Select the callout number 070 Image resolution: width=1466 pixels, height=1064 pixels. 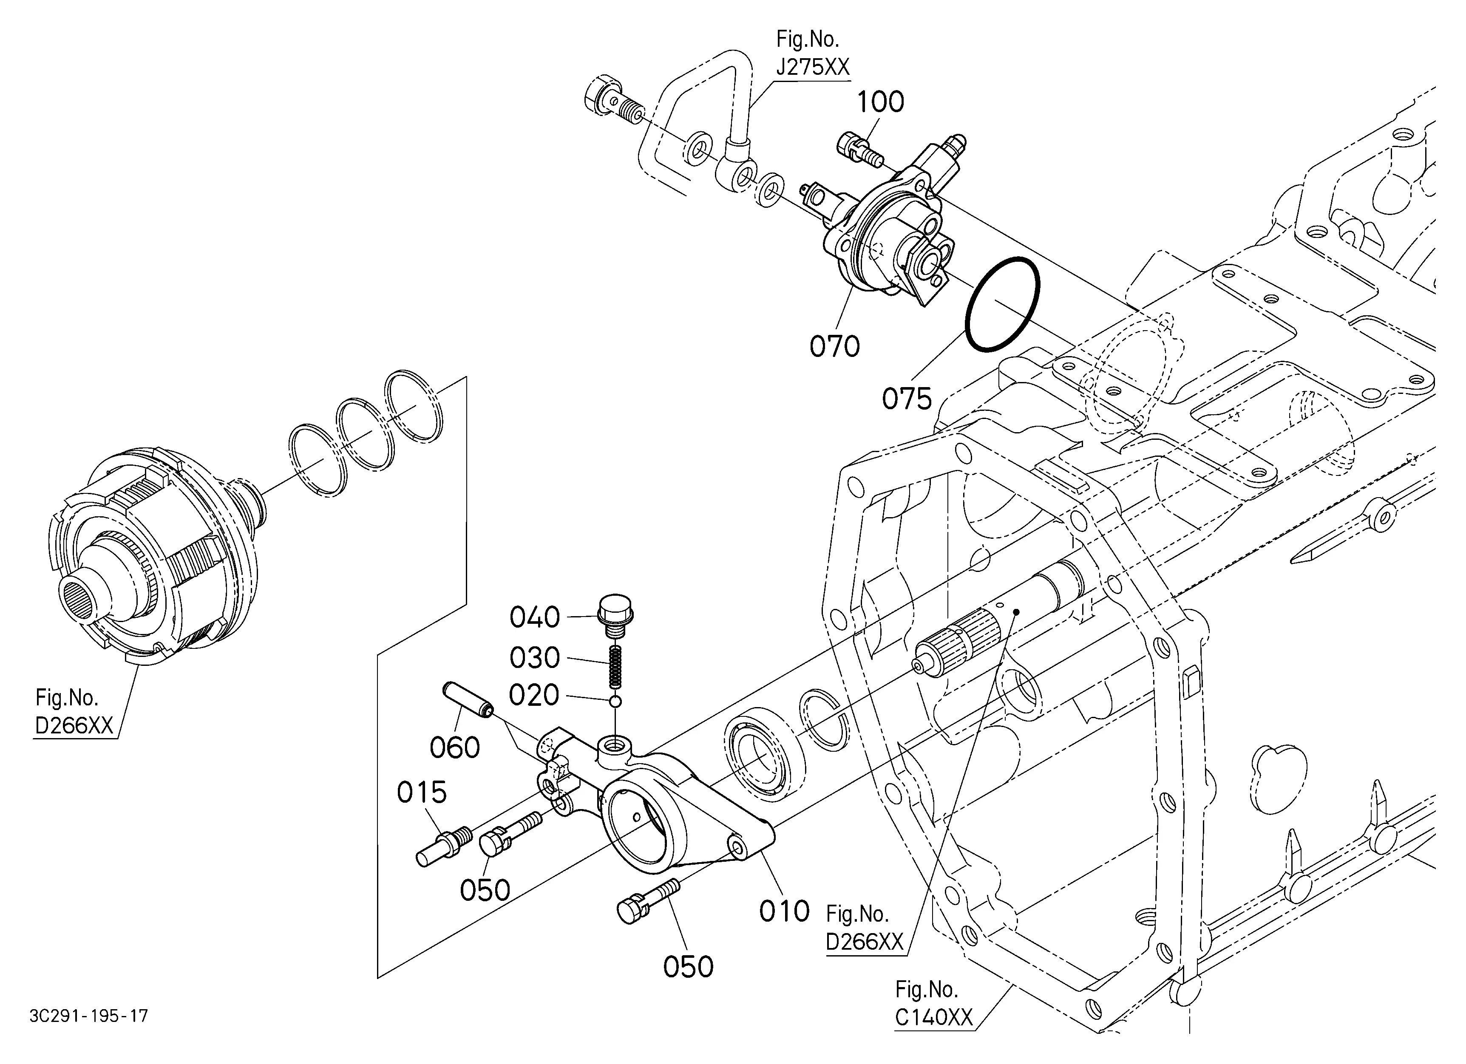pos(834,347)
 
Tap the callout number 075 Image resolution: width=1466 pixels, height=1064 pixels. pos(907,399)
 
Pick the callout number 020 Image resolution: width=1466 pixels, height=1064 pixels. pos(534,696)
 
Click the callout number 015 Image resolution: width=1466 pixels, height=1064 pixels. pos(422,792)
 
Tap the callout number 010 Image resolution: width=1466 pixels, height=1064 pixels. pos(784,911)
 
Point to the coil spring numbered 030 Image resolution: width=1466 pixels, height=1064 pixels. pos(616,668)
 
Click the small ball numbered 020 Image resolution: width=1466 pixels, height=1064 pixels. pos(615,702)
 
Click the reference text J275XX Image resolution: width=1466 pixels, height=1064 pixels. pos(813,67)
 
